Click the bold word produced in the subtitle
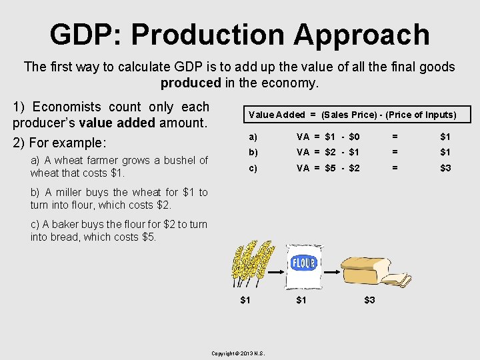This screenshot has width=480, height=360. (190, 83)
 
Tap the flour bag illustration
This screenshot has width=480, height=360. (303, 263)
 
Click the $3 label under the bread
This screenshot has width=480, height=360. (369, 300)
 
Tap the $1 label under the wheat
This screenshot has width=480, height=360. (245, 300)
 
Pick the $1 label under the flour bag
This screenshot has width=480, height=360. (301, 300)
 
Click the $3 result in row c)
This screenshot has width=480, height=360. (445, 168)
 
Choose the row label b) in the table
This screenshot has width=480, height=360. (253, 153)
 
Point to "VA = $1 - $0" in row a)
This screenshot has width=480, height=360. (328, 137)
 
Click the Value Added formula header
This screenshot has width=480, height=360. (352, 115)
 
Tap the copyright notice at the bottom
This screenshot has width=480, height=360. (238, 353)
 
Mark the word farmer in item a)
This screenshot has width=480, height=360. (99, 161)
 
